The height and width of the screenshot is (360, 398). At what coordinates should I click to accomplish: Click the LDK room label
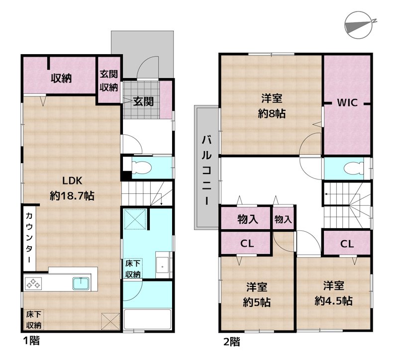click(72, 180)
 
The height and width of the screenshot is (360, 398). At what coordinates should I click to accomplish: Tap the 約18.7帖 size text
click(72, 196)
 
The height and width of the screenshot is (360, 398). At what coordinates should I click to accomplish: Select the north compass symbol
click(359, 25)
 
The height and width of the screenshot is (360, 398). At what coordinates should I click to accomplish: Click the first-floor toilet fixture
click(141, 168)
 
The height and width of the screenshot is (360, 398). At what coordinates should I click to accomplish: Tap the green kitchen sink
click(81, 283)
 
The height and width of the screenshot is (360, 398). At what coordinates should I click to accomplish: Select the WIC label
click(347, 103)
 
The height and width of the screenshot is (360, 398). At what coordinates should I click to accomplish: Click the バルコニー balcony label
click(206, 170)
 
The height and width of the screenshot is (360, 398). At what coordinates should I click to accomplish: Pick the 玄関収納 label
click(108, 81)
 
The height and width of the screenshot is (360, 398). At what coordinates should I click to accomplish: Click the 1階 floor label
click(31, 341)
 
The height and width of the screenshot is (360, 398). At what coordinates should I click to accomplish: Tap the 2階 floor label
click(232, 342)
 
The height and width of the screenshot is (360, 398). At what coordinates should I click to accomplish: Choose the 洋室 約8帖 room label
click(272, 106)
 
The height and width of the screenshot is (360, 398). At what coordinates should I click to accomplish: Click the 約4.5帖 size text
click(333, 301)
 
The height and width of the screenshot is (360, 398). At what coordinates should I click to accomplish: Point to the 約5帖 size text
click(257, 302)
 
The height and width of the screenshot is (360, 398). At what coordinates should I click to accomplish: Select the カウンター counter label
click(29, 238)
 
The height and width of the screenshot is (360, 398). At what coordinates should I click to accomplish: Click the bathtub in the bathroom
click(147, 319)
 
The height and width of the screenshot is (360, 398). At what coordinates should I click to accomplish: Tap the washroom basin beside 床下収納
click(163, 265)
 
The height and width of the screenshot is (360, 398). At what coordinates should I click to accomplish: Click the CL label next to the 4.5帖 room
click(347, 244)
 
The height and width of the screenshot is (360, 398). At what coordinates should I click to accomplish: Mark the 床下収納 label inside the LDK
click(34, 320)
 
